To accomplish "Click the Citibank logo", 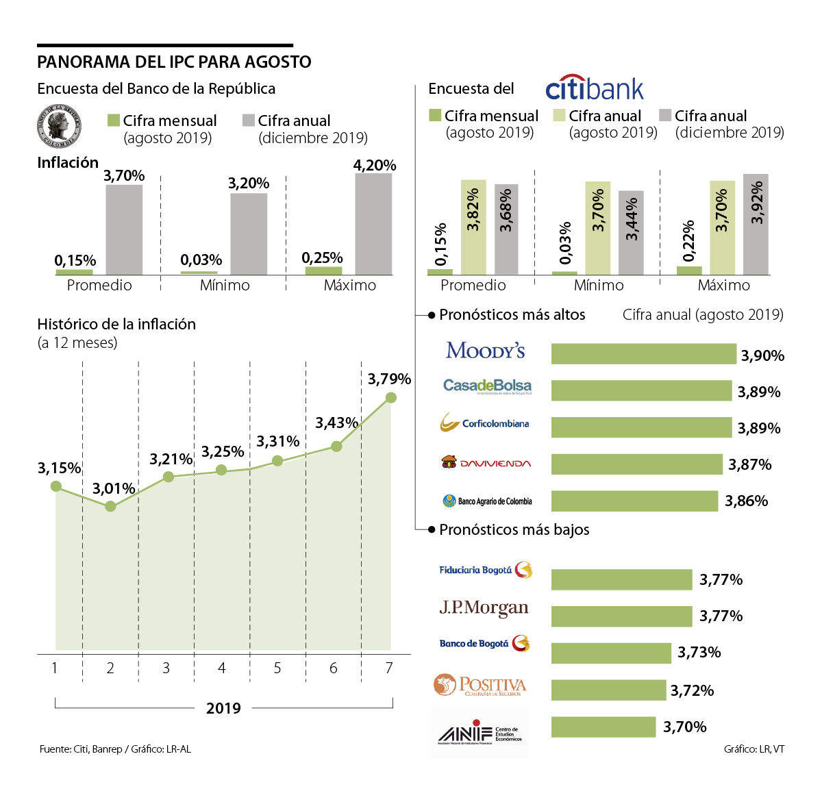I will (595, 88).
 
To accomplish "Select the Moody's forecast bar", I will (643, 354).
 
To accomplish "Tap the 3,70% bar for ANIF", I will (603, 727).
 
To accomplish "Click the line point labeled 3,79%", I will (390, 397).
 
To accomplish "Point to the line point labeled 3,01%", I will (110, 507).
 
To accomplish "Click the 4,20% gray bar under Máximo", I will (373, 224).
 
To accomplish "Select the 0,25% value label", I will (322, 258).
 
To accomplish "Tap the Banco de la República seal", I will (58, 127).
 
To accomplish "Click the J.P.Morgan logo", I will (484, 608).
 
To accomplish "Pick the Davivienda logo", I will (486, 463).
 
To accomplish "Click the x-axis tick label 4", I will (222, 668).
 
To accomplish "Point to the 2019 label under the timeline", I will (223, 708).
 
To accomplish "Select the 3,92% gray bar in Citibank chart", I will (756, 225).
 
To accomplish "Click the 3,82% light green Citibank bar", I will (473, 227).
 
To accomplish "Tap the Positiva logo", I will (480, 686).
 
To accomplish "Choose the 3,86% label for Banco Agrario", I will (746, 501).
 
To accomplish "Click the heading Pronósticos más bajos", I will (514, 529).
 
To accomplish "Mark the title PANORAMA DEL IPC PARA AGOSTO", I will (174, 62).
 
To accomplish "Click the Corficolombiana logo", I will (484, 423).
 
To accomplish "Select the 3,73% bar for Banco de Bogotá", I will (611, 653).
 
